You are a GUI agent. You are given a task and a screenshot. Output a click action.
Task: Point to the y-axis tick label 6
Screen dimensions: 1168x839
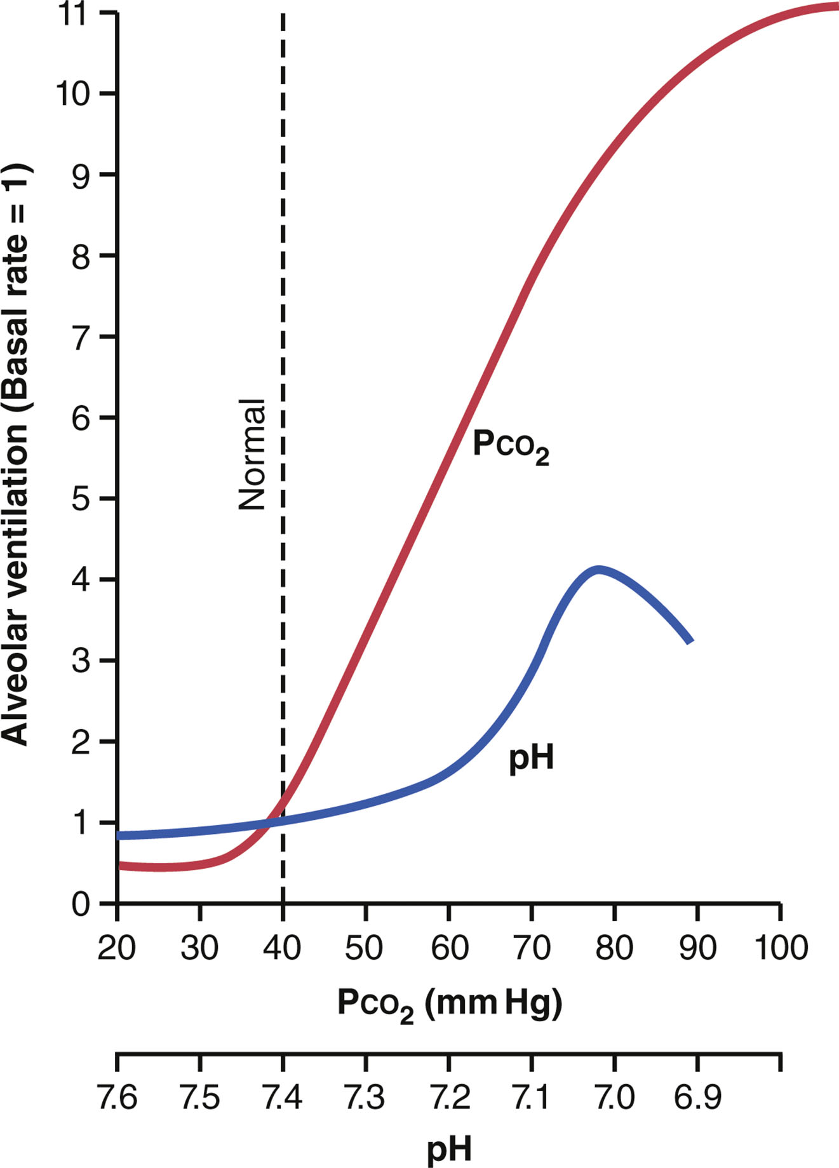(x=81, y=418)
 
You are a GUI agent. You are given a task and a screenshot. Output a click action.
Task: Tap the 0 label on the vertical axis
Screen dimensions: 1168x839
(x=81, y=904)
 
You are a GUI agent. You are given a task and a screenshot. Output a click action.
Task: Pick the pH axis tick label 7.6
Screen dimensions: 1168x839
(x=117, y=1097)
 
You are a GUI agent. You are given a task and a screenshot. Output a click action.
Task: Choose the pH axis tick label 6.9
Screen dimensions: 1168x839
(x=697, y=1097)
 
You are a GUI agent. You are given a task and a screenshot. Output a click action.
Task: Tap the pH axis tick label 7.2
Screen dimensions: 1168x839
(x=449, y=1097)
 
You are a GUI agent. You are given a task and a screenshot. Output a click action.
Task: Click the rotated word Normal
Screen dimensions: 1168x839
(x=252, y=455)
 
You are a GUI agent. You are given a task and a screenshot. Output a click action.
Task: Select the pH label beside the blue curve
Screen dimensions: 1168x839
(x=531, y=758)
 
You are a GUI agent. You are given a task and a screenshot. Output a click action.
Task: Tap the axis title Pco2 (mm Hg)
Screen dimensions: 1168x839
(x=449, y=1005)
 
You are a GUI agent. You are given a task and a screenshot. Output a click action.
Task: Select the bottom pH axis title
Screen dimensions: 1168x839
(x=449, y=1148)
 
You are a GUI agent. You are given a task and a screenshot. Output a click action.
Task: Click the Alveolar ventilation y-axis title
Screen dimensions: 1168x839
(x=15, y=455)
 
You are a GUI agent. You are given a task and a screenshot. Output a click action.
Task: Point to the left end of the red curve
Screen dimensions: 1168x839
(x=121, y=866)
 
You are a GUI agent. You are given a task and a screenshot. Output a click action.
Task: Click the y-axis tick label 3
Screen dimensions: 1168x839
(x=81, y=661)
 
